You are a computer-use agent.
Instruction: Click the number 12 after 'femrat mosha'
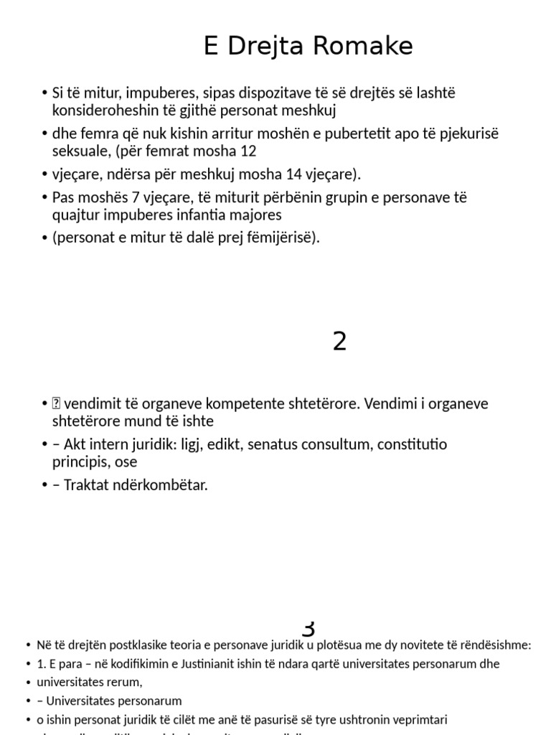[248, 151]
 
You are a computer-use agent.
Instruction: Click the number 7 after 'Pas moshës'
[133, 197]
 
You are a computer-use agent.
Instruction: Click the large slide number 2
[339, 342]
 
